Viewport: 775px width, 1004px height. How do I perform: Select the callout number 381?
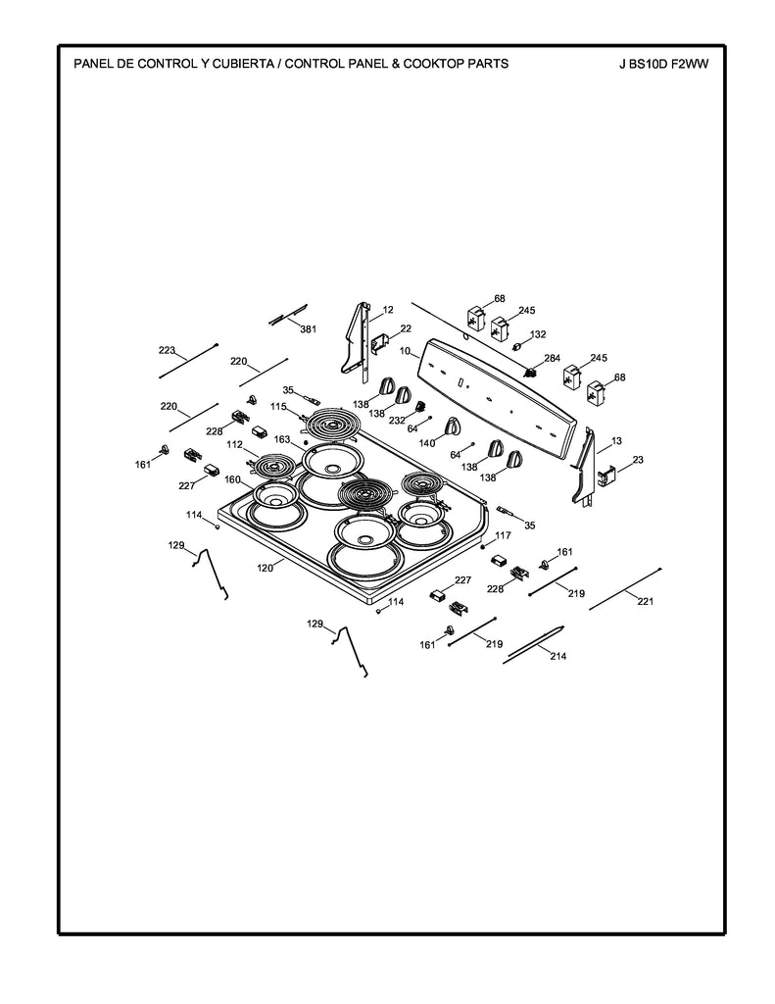tap(308, 328)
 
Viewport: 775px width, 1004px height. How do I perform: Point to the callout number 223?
tap(167, 350)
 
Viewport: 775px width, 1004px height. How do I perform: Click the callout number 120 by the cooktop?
tap(266, 567)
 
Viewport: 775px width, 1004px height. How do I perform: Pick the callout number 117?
tap(503, 535)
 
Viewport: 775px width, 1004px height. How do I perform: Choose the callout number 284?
tap(553, 358)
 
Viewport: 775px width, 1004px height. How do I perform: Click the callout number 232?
tap(397, 420)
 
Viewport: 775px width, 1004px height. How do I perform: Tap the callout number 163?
tap(282, 439)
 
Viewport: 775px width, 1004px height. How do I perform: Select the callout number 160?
tap(232, 479)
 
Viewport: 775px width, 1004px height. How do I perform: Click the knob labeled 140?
tap(452, 427)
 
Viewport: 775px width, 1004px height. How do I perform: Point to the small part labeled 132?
tap(518, 345)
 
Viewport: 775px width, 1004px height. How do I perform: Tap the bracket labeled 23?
tap(604, 475)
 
